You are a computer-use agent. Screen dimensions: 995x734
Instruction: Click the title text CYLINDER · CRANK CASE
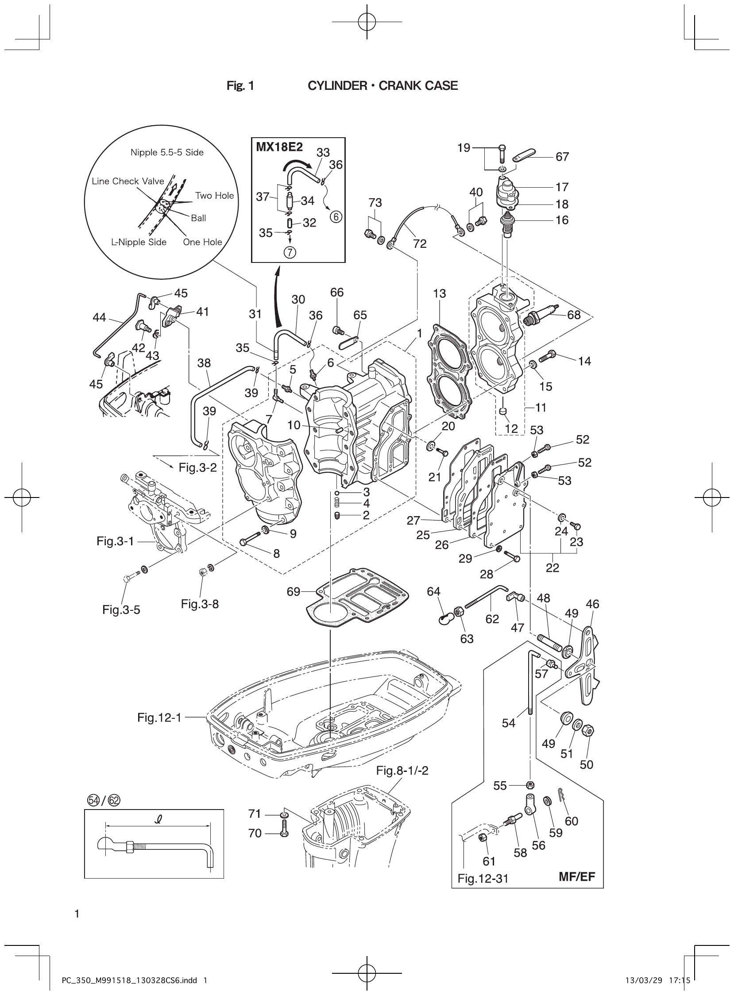tap(382, 86)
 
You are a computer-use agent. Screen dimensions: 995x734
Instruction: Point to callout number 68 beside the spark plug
tap(574, 315)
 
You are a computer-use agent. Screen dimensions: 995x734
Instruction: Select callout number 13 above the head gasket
tap(439, 293)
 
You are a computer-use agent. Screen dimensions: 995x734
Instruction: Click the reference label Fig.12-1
tap(159, 717)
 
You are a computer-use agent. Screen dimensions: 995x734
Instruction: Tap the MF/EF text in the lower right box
tap(576, 876)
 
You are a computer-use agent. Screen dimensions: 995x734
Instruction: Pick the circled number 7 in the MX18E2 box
tap(289, 252)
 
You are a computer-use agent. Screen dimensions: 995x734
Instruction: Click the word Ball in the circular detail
tap(198, 218)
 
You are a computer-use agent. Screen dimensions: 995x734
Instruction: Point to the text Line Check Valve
tap(128, 181)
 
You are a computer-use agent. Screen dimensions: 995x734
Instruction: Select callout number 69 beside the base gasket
tap(293, 592)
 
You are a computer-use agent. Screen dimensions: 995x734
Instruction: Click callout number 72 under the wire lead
tap(419, 243)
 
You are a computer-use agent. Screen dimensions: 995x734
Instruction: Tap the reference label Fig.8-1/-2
tap(402, 771)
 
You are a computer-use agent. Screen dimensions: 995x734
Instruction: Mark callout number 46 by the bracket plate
tap(592, 604)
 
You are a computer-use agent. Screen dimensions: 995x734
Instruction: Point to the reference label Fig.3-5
tap(121, 610)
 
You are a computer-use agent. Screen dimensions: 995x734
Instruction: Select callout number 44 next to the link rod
tap(99, 317)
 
